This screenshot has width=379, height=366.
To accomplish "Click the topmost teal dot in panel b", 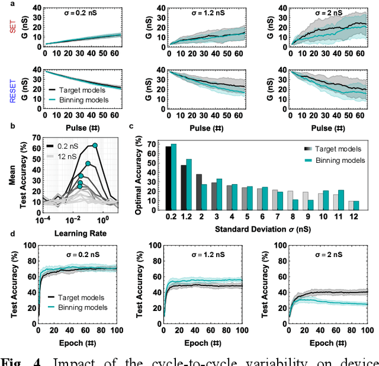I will [x=95, y=146].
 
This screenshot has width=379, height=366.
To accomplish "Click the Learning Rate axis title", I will [x=73, y=233].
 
